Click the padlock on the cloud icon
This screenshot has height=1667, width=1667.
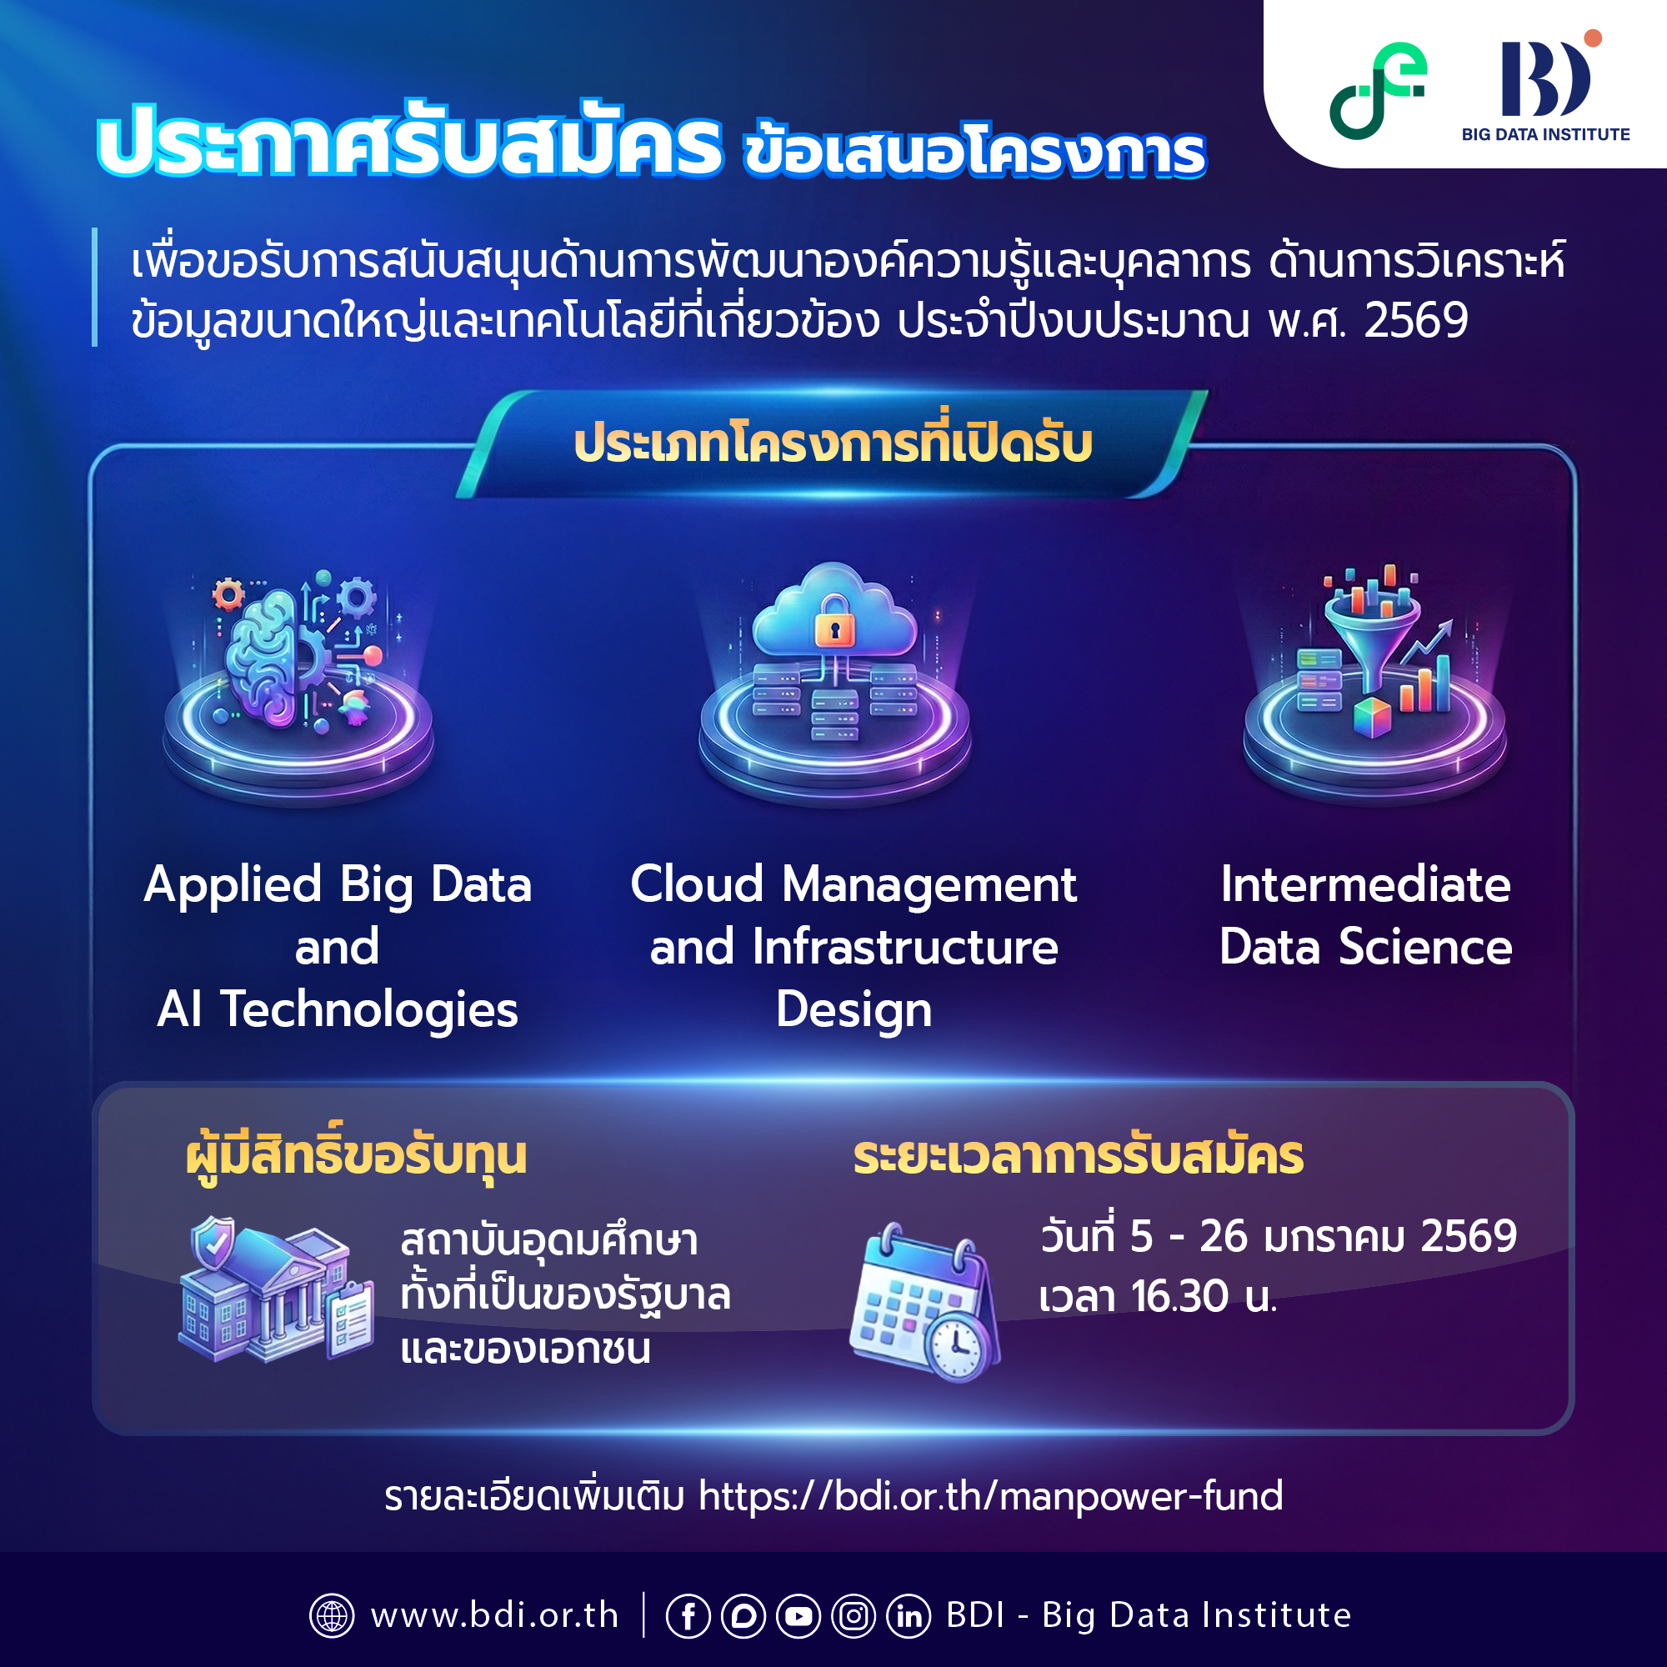(834, 620)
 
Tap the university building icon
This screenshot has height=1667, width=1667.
(274, 1293)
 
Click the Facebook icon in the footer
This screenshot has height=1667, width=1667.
(688, 1616)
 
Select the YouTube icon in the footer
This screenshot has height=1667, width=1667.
(798, 1616)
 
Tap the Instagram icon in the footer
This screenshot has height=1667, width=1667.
(854, 1616)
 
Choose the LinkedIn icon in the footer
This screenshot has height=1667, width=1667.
(909, 1616)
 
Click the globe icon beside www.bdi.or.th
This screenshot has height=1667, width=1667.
(333, 1616)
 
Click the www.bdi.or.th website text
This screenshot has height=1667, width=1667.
(494, 1616)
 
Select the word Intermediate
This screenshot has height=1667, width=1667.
(1366, 885)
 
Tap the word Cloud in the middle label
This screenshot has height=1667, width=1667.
(697, 885)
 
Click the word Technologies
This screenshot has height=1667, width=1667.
(369, 1010)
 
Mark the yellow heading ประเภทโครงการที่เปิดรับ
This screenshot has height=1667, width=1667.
(833, 444)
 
